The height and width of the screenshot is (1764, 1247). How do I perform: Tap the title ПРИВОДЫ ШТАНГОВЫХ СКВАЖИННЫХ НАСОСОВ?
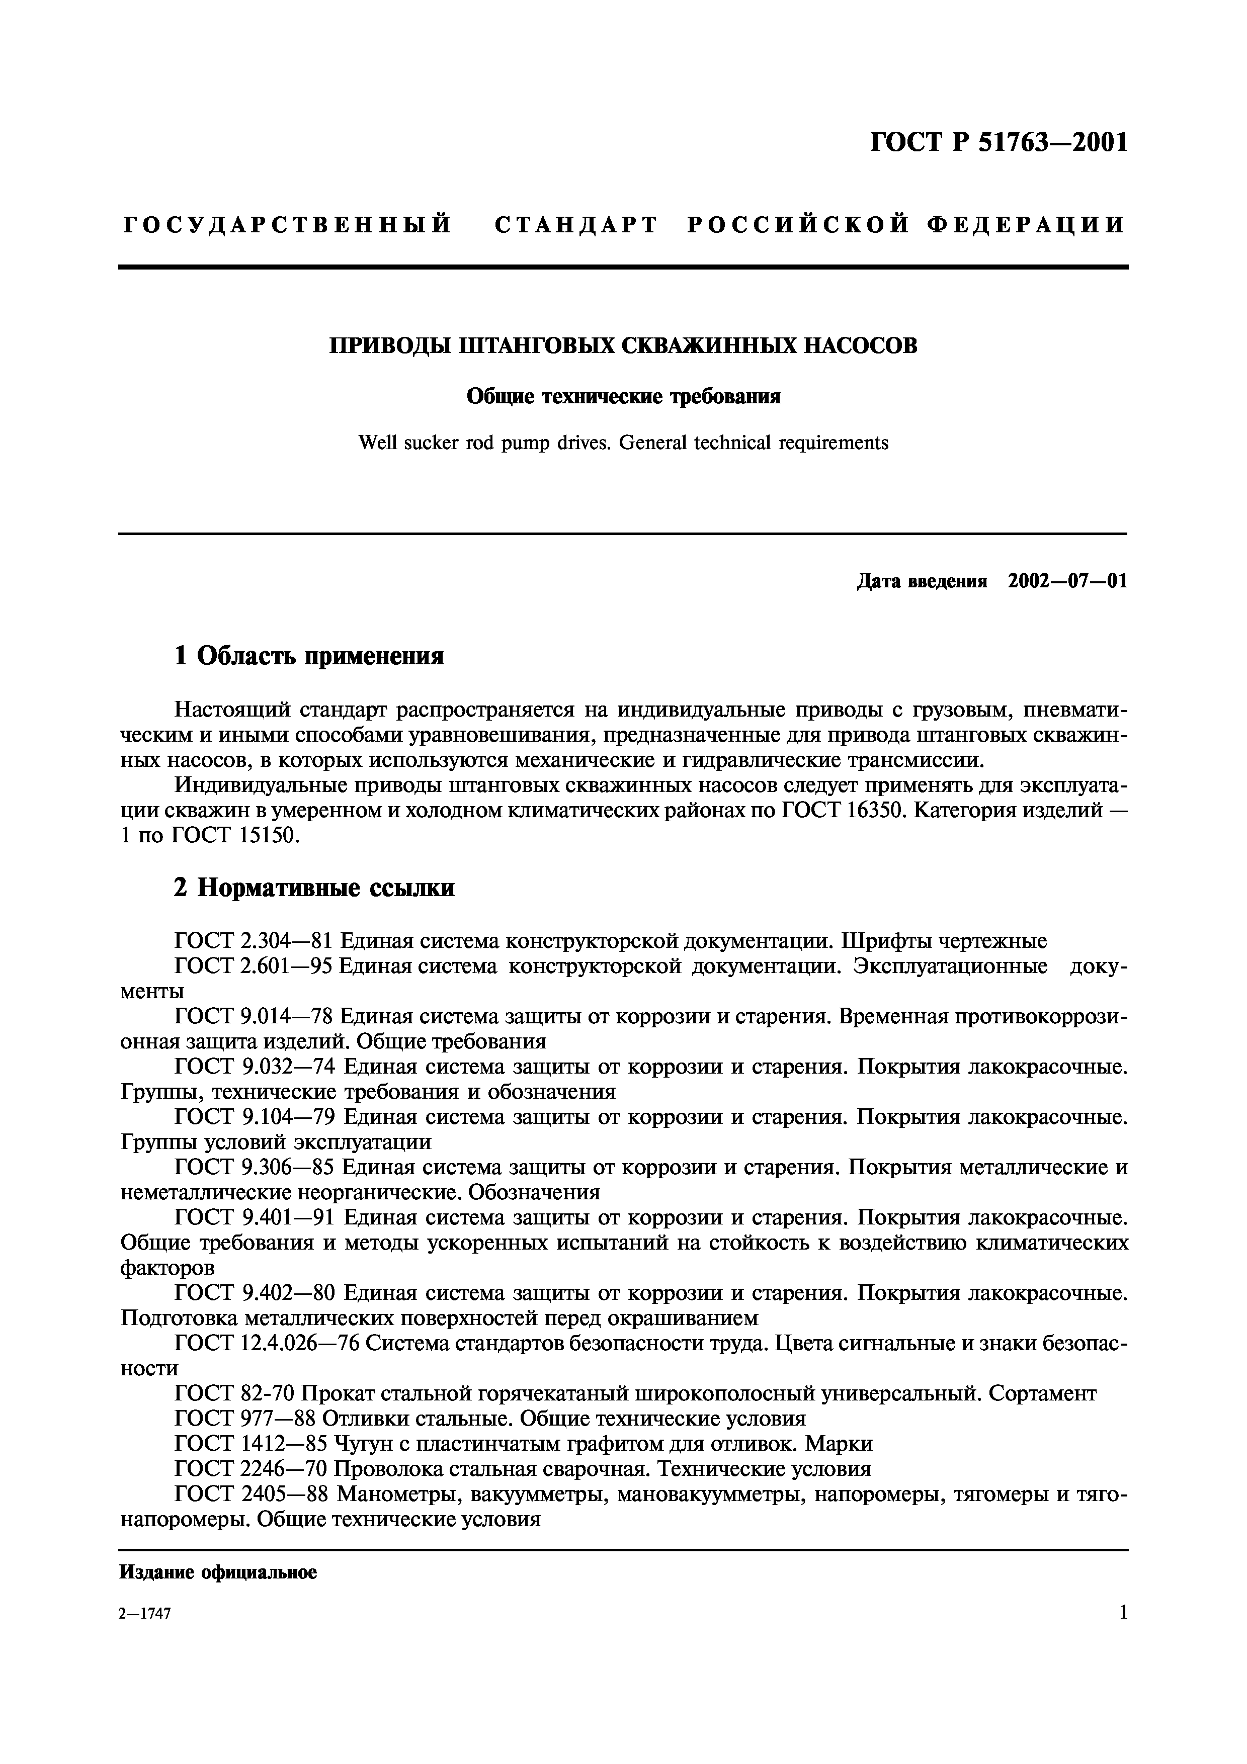coord(623,346)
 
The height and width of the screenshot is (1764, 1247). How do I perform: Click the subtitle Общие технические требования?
coord(623,396)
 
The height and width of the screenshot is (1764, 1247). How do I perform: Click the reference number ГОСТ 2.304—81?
coord(254,941)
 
